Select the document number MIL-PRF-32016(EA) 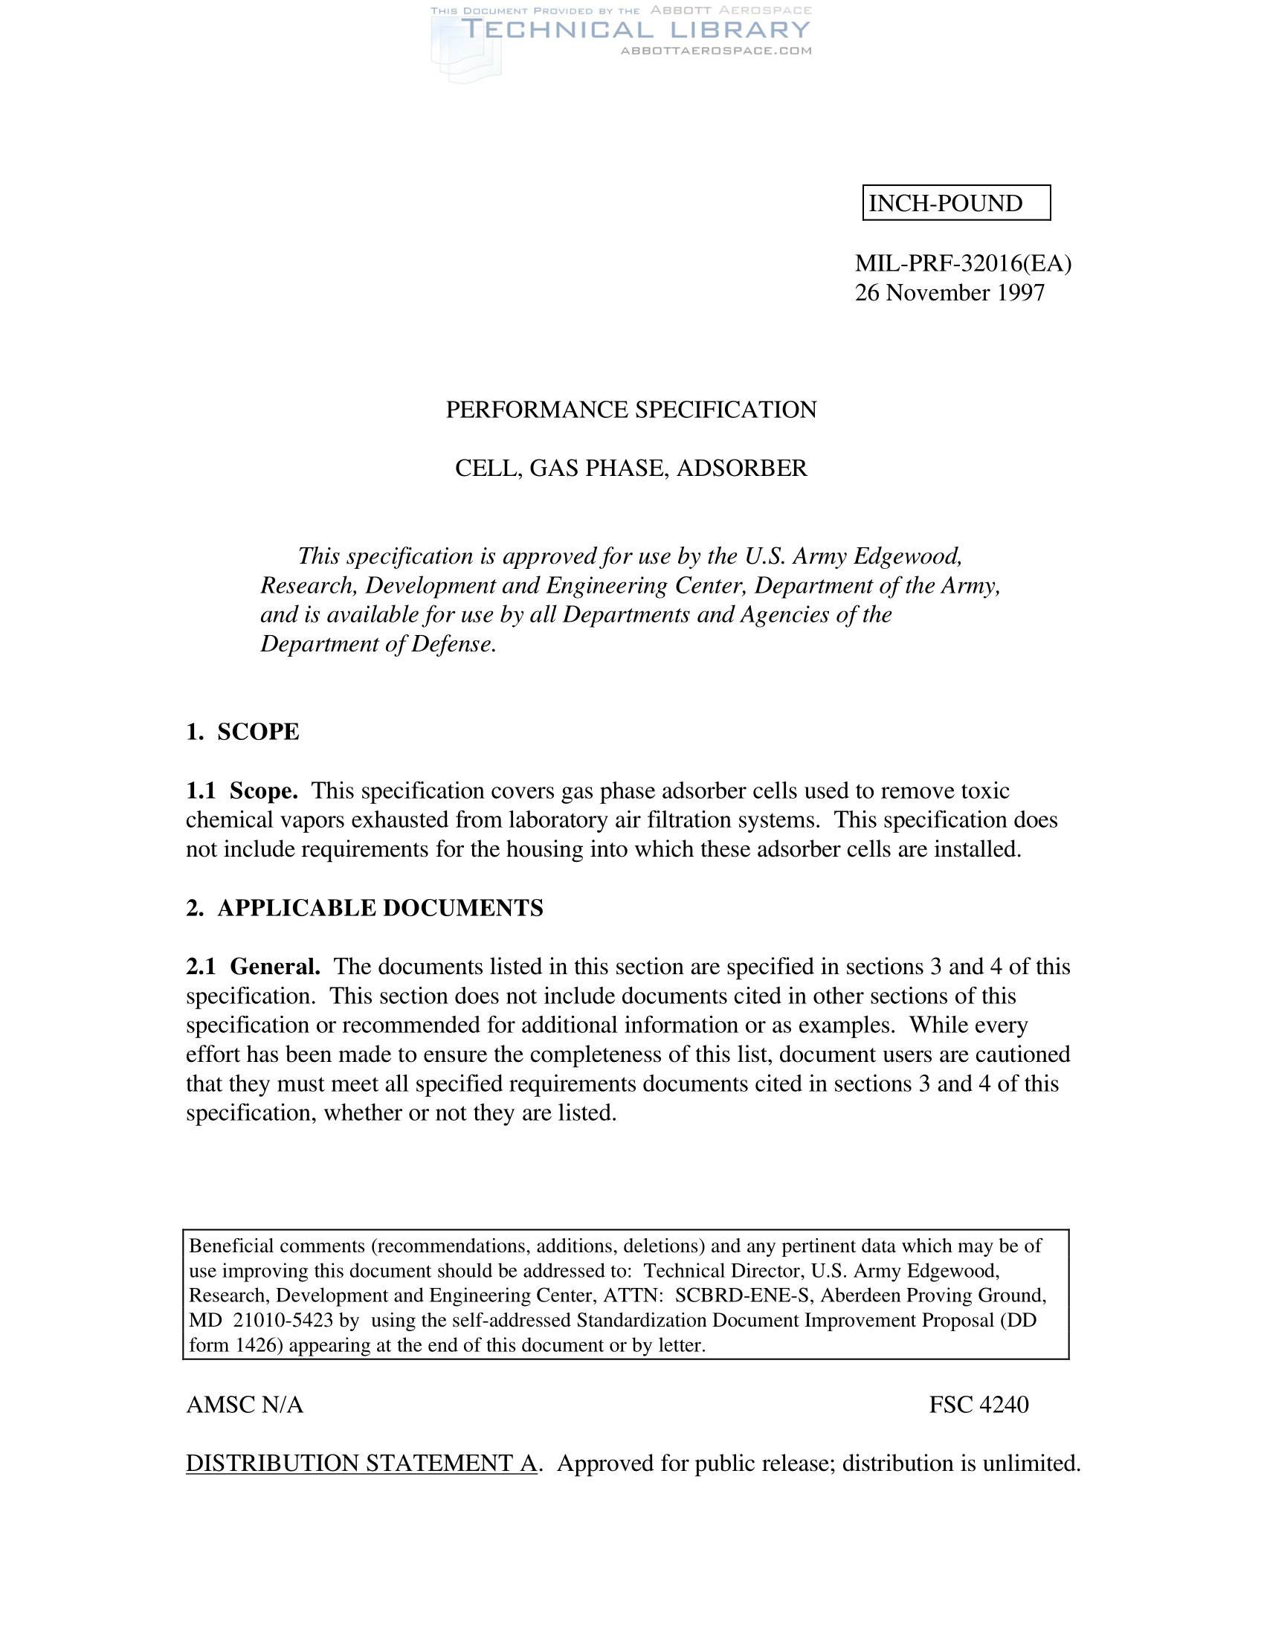[x=963, y=263]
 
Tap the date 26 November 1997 [x=949, y=292]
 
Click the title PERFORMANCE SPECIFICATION [x=631, y=410]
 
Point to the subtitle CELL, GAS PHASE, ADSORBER [x=631, y=468]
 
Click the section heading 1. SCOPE [x=242, y=732]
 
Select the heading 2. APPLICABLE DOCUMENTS [x=364, y=908]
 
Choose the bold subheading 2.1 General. [x=253, y=966]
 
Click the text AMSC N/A [x=245, y=1405]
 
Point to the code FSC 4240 [x=978, y=1405]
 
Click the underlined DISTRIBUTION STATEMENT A [x=361, y=1463]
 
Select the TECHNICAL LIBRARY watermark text [x=636, y=30]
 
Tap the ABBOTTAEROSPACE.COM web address [x=716, y=51]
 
